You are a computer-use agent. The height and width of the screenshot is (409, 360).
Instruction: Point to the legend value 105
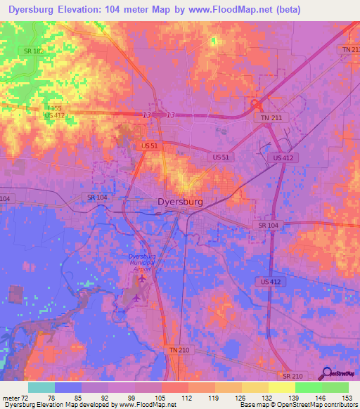(x=162, y=398)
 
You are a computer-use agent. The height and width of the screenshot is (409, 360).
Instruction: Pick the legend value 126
(x=241, y=398)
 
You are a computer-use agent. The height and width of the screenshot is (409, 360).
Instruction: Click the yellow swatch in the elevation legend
(x=281, y=387)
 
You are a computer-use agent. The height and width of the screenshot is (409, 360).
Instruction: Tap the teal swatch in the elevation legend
(x=41, y=387)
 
